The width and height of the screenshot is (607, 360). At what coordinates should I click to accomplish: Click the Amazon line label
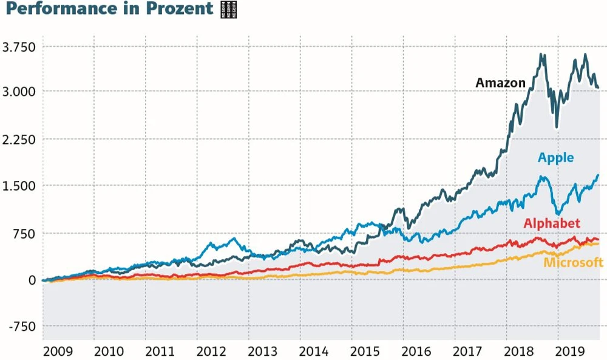[500, 83]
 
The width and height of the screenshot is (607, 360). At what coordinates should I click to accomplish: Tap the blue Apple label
[555, 158]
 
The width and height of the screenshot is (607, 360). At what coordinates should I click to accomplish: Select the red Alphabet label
[552, 223]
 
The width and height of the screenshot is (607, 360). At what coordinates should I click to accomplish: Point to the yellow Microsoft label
[573, 262]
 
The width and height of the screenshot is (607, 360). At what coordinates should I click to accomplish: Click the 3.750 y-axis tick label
[19, 47]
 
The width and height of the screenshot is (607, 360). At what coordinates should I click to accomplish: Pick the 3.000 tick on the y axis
[19, 92]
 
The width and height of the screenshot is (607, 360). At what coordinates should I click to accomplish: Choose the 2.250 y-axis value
[19, 139]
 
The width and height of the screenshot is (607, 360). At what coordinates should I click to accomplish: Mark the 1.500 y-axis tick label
[19, 186]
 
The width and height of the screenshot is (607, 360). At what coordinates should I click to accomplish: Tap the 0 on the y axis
[31, 280]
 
